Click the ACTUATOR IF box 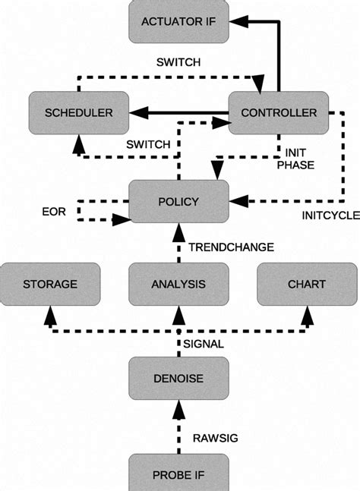178,21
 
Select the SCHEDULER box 78,113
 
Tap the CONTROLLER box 279,113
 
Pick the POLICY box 178,201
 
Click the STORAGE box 49,285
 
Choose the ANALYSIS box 178,285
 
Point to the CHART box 307,285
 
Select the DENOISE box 178,377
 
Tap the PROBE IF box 178,475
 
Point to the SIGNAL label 204,344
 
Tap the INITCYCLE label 330,216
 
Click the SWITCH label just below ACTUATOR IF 178,62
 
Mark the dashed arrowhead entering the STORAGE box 49,312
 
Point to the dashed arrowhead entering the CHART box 307,312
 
